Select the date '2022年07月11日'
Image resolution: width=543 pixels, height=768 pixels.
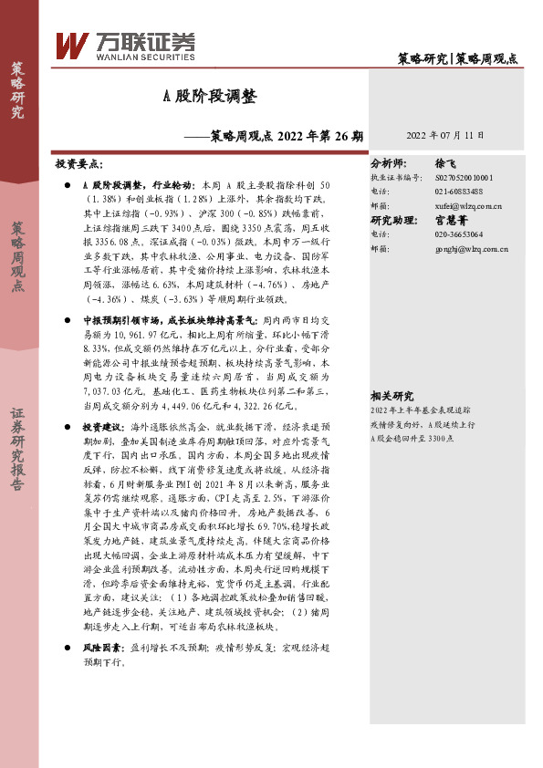(x=444, y=135)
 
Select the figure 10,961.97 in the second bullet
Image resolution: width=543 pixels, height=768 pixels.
(x=130, y=337)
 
